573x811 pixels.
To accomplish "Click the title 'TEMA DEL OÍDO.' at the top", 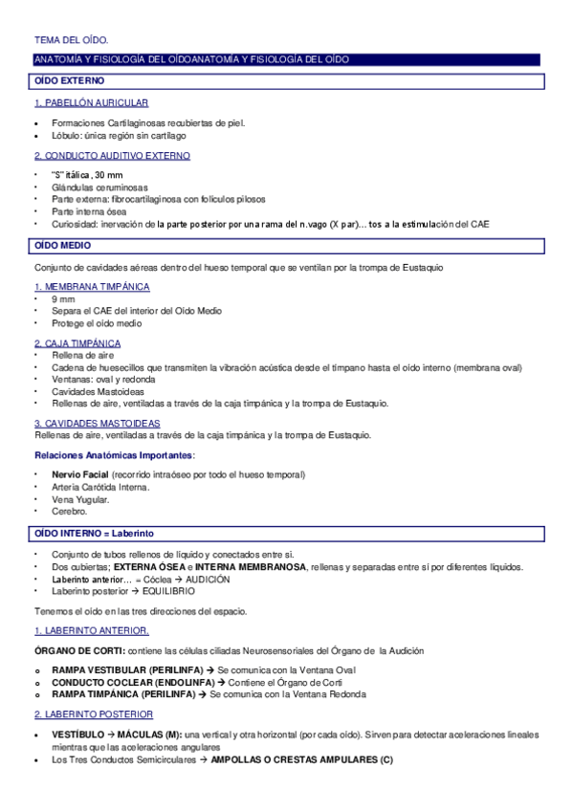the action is point(71,40).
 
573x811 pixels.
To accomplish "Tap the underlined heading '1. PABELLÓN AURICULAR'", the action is point(91,102).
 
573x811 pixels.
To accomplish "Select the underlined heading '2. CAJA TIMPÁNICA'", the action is point(77,342).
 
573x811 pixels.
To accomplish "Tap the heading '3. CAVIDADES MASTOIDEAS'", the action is point(98,423).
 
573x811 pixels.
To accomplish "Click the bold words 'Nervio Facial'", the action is point(79,474).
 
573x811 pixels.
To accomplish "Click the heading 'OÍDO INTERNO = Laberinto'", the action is point(94,533).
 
